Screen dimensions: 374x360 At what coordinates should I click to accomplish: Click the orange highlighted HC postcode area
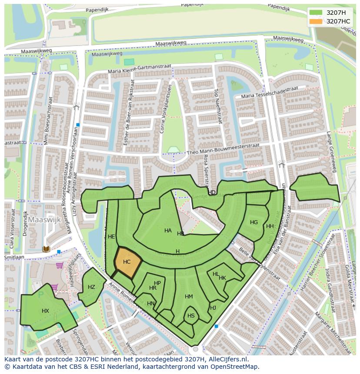click(127, 262)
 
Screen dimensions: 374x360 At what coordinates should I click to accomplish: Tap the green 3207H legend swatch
click(316, 13)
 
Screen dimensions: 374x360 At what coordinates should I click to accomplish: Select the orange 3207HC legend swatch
click(316, 21)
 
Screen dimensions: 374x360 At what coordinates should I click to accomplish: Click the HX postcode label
click(45, 311)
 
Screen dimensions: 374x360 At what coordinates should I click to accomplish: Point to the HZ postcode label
click(91, 287)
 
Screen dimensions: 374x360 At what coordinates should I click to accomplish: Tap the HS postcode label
click(191, 316)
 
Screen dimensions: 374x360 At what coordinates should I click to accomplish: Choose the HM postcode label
click(189, 297)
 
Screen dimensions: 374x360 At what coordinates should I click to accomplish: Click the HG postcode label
click(254, 222)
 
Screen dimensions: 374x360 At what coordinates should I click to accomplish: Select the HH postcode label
click(270, 226)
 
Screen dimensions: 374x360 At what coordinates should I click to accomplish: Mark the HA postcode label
click(168, 231)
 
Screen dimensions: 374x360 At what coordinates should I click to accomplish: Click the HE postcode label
click(111, 237)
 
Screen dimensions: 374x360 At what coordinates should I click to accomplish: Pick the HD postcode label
click(212, 192)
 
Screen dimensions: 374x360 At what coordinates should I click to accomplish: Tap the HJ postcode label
click(213, 308)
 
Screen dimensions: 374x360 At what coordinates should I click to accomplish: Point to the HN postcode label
click(151, 304)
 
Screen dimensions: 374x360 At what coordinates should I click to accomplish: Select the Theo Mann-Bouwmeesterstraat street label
click(223, 149)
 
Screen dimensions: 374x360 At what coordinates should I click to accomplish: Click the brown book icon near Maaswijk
click(47, 249)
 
